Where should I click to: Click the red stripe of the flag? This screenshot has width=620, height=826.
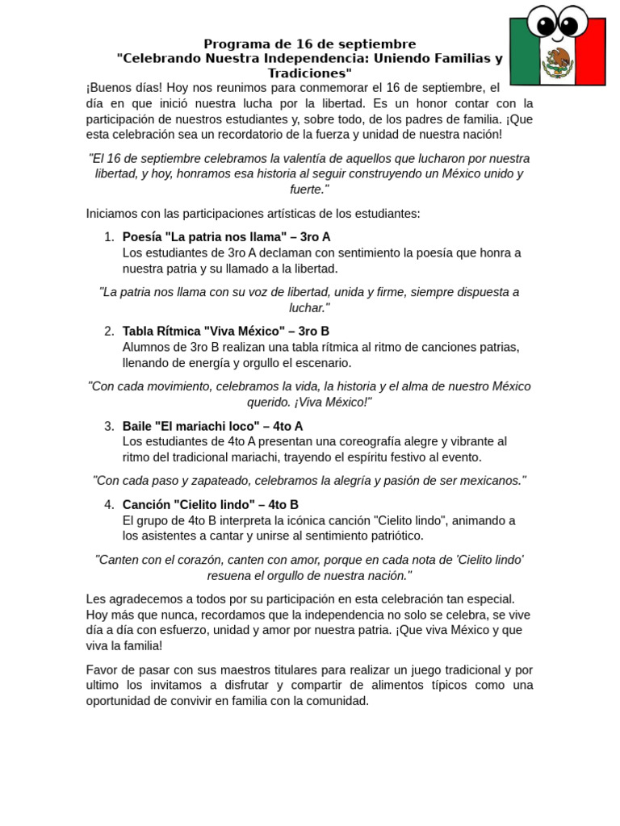pyautogui.click(x=589, y=58)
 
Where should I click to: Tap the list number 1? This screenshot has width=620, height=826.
pyautogui.click(x=108, y=237)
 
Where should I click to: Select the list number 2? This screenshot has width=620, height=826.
pyautogui.click(x=108, y=332)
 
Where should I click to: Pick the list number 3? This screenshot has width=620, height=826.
pyautogui.click(x=108, y=426)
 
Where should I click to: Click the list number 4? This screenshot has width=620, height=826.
pyautogui.click(x=108, y=505)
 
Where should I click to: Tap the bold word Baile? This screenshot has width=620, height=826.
pyautogui.click(x=137, y=426)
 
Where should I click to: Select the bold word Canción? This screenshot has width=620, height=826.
pyautogui.click(x=146, y=505)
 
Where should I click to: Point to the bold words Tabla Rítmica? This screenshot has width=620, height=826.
pyautogui.click(x=161, y=332)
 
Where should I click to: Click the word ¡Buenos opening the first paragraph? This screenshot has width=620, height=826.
pyautogui.click(x=110, y=88)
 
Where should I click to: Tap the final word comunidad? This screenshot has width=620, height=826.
pyautogui.click(x=335, y=701)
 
